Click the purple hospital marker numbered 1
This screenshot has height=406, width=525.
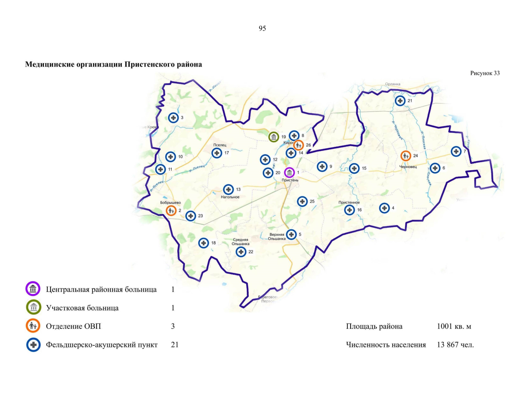point(289,173)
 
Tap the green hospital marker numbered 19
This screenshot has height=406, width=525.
point(273,137)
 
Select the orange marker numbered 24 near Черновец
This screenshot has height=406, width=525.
point(406,156)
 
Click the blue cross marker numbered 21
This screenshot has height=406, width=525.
point(400,101)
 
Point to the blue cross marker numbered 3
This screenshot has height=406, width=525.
point(173,118)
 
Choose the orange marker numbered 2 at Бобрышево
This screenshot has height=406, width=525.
point(171,211)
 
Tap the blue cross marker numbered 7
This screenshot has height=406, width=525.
point(456,151)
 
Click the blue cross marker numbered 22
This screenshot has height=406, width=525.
point(241,252)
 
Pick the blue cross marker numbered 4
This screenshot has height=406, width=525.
point(384,208)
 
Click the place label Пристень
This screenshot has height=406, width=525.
point(290,180)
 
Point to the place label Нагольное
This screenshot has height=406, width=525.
point(230,197)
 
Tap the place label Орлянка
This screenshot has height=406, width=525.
point(392,84)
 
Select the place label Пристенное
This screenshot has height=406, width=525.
point(349,202)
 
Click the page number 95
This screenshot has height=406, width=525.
point(262,28)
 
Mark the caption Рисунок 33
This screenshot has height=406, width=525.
point(485,73)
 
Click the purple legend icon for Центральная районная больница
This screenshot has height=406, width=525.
point(33,289)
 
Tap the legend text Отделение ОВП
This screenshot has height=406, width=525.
point(73,326)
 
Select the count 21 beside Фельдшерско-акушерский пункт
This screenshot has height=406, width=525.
point(174,345)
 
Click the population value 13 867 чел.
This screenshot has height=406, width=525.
point(455,345)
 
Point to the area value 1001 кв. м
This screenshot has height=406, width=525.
point(454,326)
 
